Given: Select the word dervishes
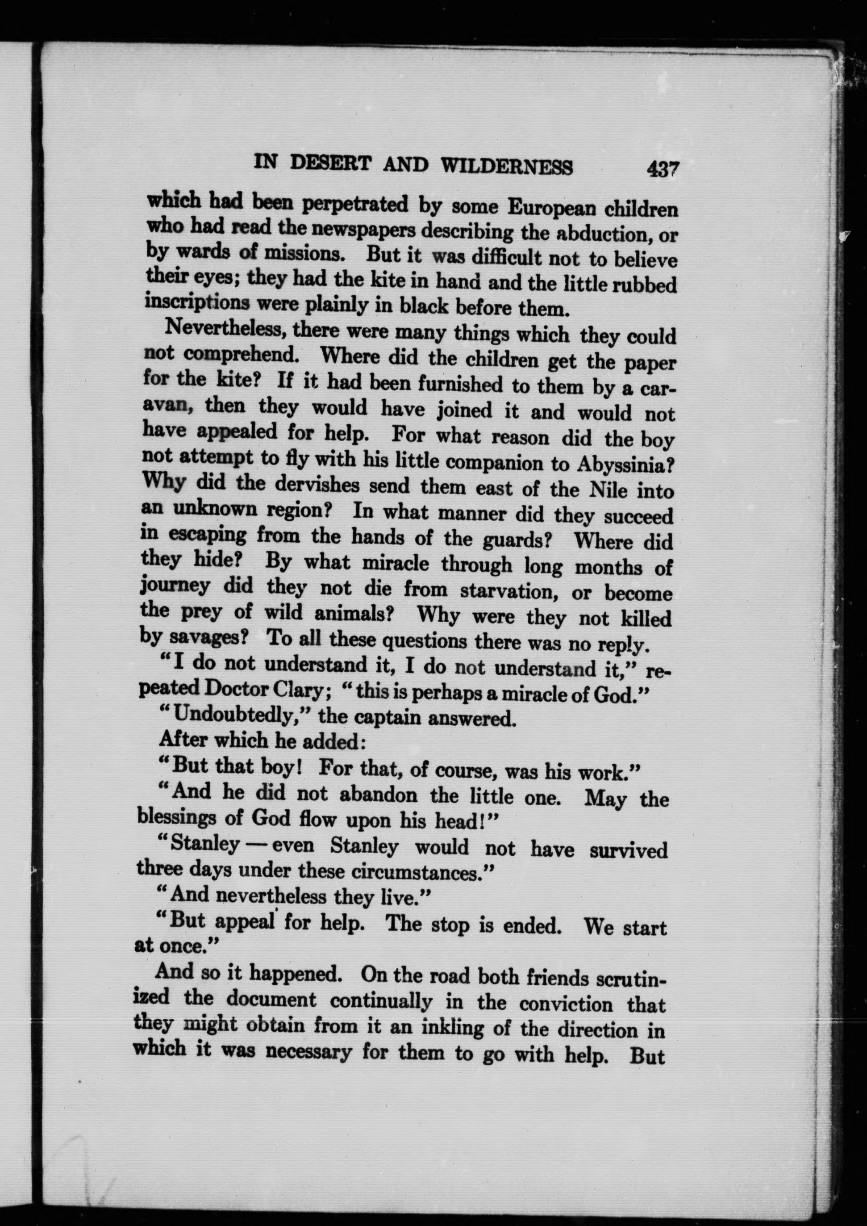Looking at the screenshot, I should click(x=313, y=485).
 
